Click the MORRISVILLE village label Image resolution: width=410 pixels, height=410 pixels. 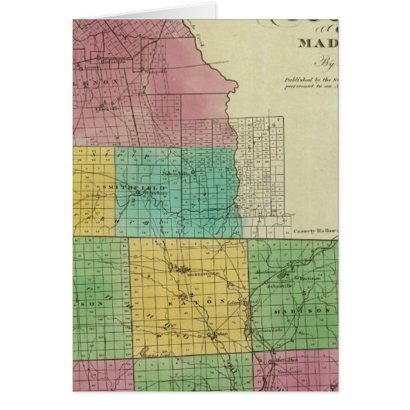pyautogui.click(x=186, y=275)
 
